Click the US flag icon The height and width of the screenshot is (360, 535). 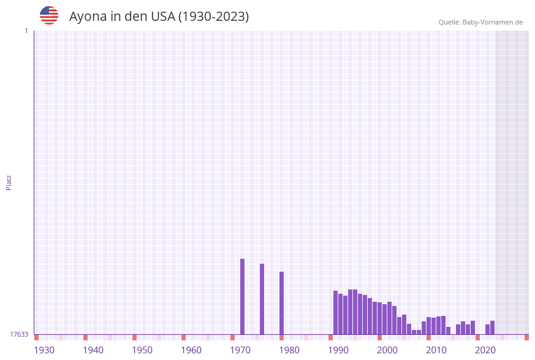point(49,15)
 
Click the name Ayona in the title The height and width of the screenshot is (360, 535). point(88,17)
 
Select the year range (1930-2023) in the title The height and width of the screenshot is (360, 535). point(213,17)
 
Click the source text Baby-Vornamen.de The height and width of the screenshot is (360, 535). point(492,22)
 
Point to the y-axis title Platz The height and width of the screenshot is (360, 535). point(9,182)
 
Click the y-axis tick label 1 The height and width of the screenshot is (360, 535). point(26,31)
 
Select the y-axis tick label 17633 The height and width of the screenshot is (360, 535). point(19,334)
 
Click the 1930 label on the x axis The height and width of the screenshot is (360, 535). point(44,350)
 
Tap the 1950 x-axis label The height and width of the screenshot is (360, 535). point(142,350)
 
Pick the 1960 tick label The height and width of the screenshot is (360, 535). point(191,350)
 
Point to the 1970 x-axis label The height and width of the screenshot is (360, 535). point(240,350)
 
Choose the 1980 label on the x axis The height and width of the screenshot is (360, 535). point(289,350)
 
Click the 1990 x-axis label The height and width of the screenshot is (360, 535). point(338,350)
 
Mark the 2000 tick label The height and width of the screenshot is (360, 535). point(387,350)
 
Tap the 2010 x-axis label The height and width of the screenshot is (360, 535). point(436,350)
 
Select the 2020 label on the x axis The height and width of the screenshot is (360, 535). point(485,350)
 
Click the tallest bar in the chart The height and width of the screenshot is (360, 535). point(242,297)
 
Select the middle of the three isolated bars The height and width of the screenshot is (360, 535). point(262,299)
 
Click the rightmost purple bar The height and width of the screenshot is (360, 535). point(492,327)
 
